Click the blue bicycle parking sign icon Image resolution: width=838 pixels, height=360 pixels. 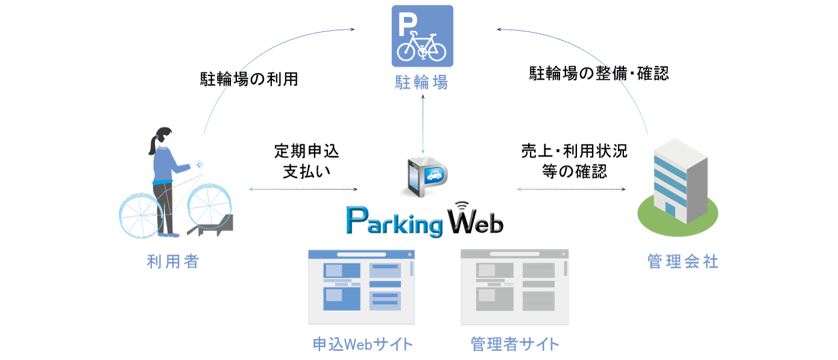pos(422,36)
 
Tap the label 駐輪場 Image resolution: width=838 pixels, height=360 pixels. pos(422,82)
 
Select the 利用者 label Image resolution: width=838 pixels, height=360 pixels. pos(173,262)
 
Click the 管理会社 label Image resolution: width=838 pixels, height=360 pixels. pos(683,262)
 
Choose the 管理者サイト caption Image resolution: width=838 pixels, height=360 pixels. pos(515,344)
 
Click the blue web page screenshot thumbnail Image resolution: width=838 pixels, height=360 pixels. pos(361,287)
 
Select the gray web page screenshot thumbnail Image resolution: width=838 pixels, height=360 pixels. pos(514,287)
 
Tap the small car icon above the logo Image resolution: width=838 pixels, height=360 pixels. pos(433,175)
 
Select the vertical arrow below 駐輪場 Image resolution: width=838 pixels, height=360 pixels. pos(423,124)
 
